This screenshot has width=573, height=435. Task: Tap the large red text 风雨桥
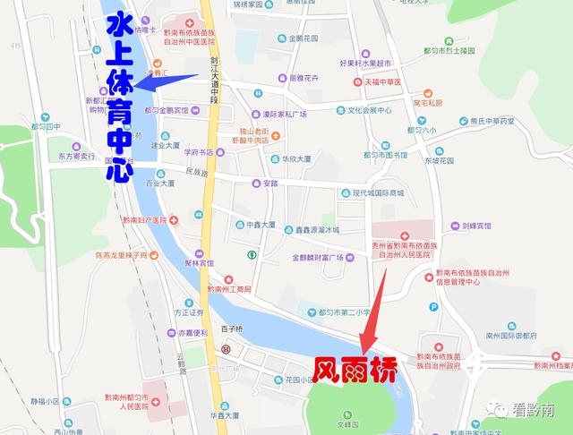pos(355,368)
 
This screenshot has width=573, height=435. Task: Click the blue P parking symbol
pos(433,306)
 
